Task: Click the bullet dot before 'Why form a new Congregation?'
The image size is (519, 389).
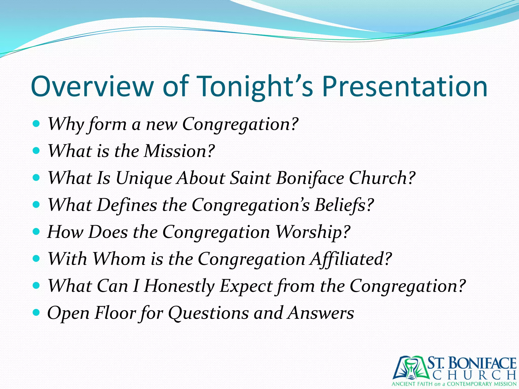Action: pyautogui.click(x=36, y=124)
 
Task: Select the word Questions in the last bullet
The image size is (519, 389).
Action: pyautogui.click(x=208, y=313)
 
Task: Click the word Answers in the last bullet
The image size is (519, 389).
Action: pyautogui.click(x=321, y=313)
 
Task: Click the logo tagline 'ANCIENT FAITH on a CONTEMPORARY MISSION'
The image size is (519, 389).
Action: pyautogui.click(x=454, y=384)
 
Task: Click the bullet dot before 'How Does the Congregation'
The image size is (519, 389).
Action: pyautogui.click(x=36, y=231)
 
